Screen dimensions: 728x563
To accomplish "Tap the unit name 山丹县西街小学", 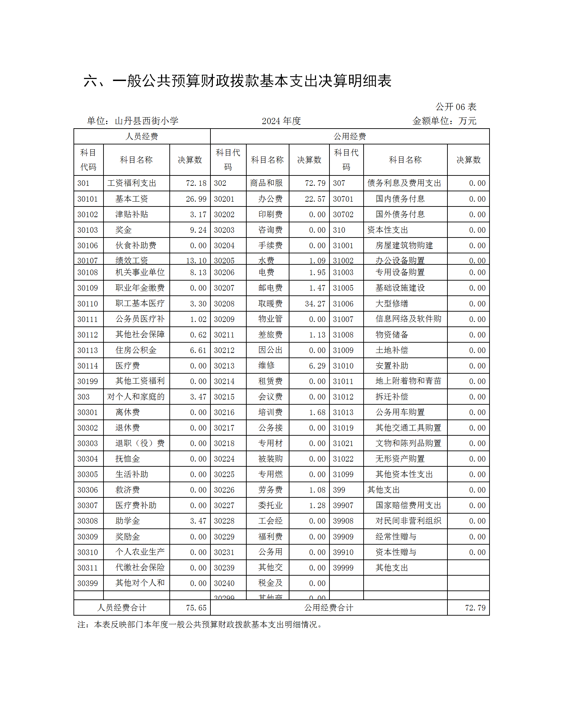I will [146, 121].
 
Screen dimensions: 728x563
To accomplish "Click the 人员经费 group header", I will [142, 136].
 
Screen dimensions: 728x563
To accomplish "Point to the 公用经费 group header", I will [349, 136].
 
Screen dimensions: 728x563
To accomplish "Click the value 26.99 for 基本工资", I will [196, 199].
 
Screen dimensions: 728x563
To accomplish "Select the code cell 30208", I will [224, 304].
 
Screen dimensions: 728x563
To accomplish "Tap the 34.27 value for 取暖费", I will [315, 304].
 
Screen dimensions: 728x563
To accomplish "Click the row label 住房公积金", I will [136, 350].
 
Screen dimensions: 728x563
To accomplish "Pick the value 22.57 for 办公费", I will [315, 199].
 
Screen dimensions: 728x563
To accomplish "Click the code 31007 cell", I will [343, 319].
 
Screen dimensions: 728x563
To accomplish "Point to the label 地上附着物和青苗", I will [408, 381].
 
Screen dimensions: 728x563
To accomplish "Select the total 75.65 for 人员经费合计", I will [196, 608].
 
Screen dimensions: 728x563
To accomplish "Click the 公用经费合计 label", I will [328, 608].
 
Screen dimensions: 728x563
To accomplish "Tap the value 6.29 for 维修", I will [317, 366].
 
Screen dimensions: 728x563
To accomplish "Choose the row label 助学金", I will [128, 521].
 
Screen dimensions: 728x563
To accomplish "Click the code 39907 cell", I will [343, 505].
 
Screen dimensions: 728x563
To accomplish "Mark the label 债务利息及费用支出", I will [404, 183].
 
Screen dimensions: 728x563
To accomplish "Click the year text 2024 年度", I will [281, 121].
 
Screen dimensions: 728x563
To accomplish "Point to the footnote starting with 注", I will [200, 625].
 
